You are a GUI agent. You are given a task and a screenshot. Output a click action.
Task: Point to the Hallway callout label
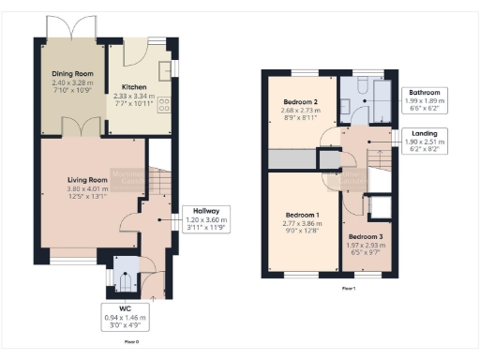(206, 210)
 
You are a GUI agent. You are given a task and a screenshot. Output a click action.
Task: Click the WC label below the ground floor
(124, 307)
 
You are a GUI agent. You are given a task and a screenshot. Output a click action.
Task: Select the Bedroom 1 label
(303, 215)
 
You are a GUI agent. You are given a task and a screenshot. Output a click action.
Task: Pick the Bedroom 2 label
(302, 102)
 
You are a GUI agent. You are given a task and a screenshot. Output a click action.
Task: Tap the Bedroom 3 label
(367, 237)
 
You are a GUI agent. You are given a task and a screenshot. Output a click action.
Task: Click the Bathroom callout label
(423, 93)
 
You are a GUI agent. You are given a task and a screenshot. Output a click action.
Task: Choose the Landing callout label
(424, 133)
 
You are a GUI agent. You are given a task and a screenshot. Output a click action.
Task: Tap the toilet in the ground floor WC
(124, 278)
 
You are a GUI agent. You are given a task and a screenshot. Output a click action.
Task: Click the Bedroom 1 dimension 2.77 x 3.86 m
(303, 223)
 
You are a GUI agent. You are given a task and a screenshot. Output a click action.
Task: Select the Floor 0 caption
(131, 343)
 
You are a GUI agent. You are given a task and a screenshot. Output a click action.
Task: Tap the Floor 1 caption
(348, 288)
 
